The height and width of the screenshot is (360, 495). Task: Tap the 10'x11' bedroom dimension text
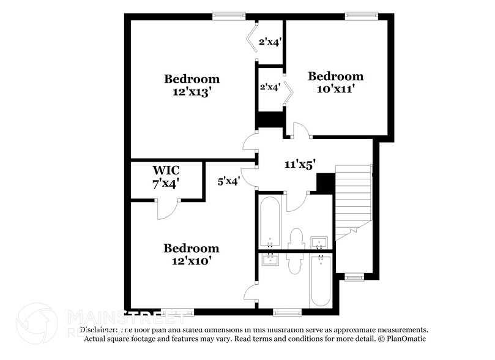pos(335,89)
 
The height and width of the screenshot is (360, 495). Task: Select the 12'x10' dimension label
pos(191,261)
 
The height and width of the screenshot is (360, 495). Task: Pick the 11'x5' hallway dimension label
pos(300,164)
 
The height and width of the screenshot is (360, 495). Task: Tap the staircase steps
pos(354,196)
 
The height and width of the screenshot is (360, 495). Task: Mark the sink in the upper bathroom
pos(318,244)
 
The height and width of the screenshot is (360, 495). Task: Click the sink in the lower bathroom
pos(270,260)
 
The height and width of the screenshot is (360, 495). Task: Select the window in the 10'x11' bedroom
pos(355,16)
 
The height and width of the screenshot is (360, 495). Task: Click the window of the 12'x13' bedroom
pos(221,16)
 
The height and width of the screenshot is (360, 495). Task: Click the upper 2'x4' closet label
pos(270,42)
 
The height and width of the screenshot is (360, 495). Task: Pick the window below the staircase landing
pos(354,277)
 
